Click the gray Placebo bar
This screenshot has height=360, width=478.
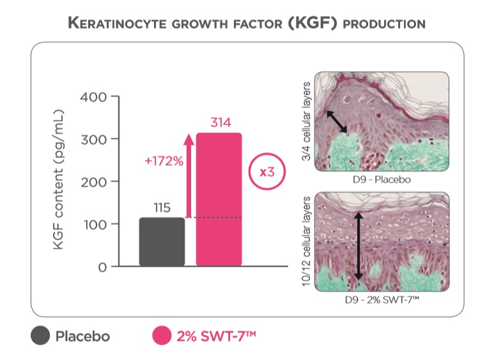pos(162,241)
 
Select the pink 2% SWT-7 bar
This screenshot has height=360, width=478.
pos(219,199)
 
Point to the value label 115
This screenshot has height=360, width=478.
pos(162,208)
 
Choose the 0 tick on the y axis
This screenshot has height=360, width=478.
pos(102,266)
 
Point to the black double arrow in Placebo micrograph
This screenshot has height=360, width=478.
pos(337,121)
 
